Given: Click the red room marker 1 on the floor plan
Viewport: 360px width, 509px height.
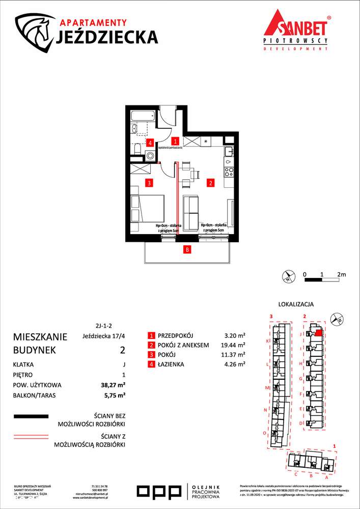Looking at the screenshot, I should tap(175, 141).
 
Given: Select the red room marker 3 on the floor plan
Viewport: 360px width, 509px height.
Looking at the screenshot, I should tap(149, 182).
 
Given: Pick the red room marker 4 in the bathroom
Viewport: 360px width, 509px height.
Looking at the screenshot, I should tap(150, 143).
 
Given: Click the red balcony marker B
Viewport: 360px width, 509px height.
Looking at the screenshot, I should tap(187, 249).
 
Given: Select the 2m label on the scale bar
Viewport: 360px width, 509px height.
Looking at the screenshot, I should tap(341, 274).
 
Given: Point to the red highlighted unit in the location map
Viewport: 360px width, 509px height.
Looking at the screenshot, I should tap(318, 334).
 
